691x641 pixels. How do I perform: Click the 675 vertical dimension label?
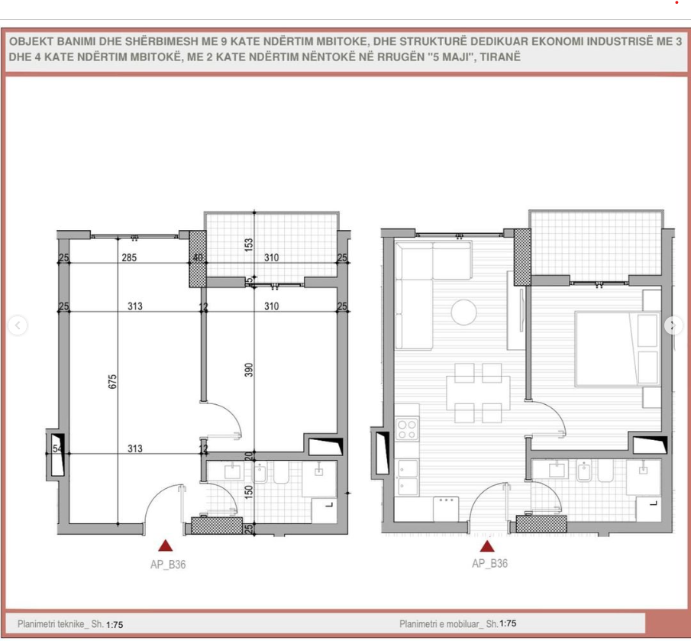(112, 381)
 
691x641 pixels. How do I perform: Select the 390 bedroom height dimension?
(249, 370)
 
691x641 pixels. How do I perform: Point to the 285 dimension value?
(129, 257)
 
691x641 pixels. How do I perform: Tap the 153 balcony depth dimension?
(249, 244)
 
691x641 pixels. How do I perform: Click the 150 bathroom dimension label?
(249, 492)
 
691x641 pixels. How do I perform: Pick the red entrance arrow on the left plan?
(165, 545)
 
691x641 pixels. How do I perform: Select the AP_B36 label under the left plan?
(168, 565)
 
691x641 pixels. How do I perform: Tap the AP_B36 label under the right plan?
(489, 563)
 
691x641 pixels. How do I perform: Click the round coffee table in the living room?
(463, 312)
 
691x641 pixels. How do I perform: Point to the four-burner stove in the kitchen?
(407, 429)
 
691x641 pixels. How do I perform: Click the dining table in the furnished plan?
(478, 393)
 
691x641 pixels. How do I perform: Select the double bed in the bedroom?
(618, 348)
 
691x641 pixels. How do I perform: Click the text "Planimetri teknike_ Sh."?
(61, 624)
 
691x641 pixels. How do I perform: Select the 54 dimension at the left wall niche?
(57, 448)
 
